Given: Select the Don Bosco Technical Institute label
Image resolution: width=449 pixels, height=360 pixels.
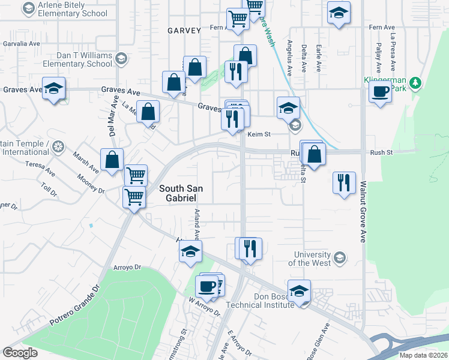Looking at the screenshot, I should click(261, 301).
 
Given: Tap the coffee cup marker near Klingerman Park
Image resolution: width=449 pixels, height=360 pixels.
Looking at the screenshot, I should click(379, 92).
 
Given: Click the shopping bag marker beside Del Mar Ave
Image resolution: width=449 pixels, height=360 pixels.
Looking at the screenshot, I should click(112, 160).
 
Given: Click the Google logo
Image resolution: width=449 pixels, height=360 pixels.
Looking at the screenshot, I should click(20, 353).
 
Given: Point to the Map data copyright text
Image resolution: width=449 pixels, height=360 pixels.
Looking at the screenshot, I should click(424, 355).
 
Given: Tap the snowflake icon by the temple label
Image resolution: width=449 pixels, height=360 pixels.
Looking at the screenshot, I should click(58, 147).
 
